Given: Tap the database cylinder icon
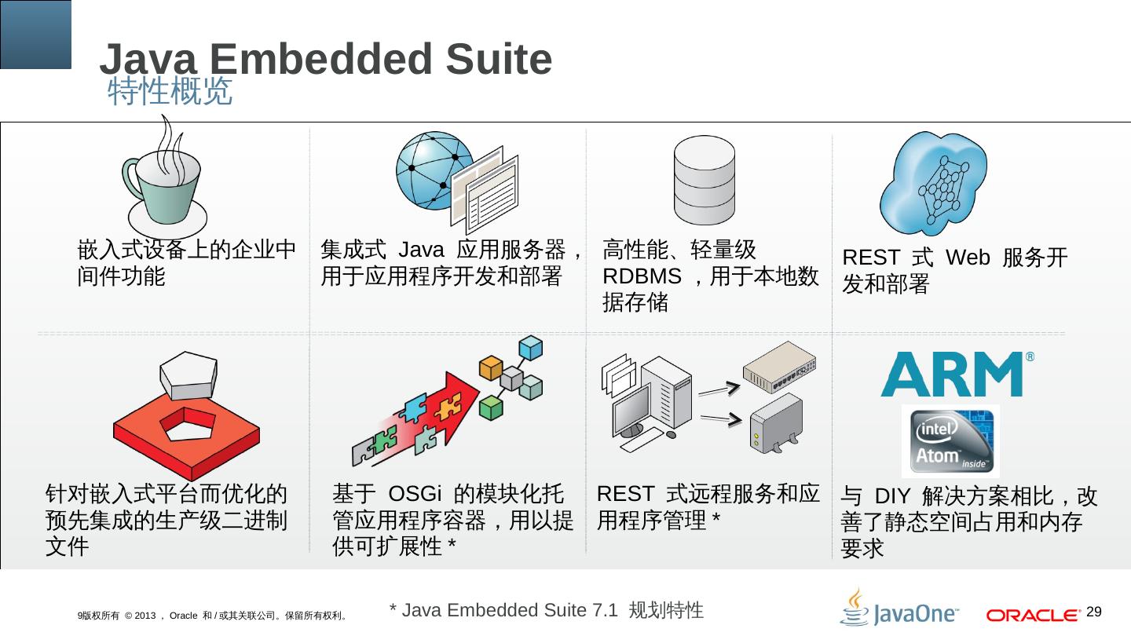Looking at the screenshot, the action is (705, 181).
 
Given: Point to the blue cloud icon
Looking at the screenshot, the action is (934, 182).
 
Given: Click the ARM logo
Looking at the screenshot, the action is (951, 374).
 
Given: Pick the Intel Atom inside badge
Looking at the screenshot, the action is (950, 440).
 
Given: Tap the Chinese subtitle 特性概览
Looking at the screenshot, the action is (170, 92).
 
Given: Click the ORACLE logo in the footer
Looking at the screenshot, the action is (1032, 615).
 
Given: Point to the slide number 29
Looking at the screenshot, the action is (1094, 612).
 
